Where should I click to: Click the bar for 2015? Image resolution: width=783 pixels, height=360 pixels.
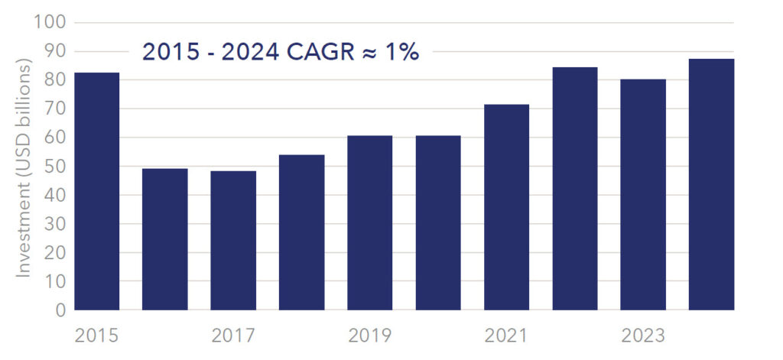(x=96, y=191)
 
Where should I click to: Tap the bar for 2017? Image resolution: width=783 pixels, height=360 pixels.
(x=233, y=241)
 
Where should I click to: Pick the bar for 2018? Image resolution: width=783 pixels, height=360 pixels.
(x=301, y=232)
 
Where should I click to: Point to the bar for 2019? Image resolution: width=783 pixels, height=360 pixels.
(x=369, y=222)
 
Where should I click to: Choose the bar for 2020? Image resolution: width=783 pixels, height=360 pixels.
(x=438, y=222)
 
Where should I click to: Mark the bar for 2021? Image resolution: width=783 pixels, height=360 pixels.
(x=506, y=207)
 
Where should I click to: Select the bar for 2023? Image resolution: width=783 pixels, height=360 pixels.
(x=643, y=194)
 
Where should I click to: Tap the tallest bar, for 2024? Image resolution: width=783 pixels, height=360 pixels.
(x=711, y=184)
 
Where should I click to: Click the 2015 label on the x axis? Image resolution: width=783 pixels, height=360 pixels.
(x=96, y=336)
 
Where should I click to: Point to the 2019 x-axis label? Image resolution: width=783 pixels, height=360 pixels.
(x=369, y=336)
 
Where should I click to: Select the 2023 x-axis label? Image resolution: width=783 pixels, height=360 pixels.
(x=643, y=336)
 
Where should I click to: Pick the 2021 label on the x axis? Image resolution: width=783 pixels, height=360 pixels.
(x=506, y=336)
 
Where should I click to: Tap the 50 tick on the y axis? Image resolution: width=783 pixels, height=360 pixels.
(x=55, y=167)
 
